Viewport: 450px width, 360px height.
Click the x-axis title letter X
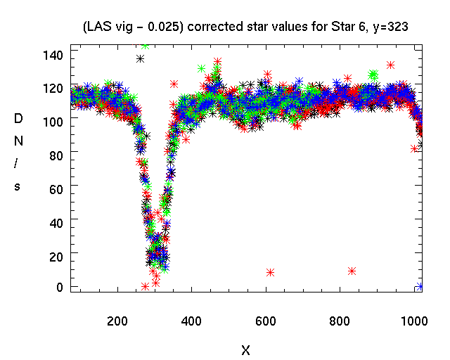(245, 349)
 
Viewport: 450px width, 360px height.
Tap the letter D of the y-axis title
(18, 120)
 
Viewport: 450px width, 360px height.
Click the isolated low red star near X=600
(270, 272)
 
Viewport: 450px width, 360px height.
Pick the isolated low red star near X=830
(352, 271)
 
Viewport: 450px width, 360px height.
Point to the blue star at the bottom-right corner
(420, 286)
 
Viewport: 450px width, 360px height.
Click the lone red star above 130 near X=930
(390, 65)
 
